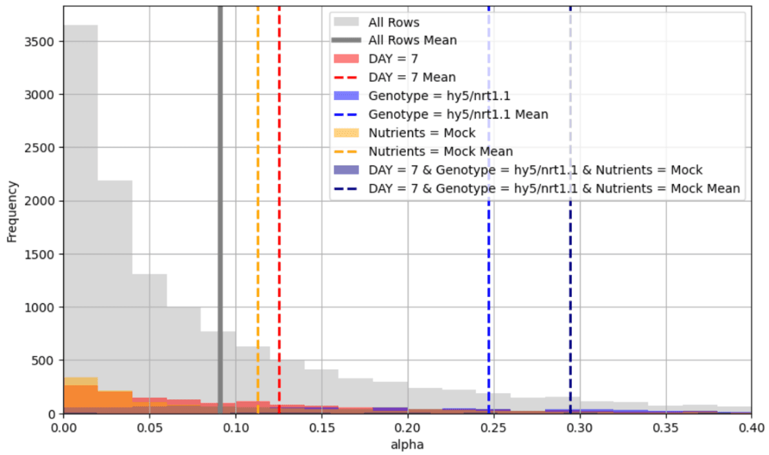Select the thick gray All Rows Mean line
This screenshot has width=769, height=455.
tap(220, 207)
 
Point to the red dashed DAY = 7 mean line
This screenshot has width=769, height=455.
tap(279, 207)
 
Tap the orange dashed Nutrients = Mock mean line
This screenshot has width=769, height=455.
tap(258, 207)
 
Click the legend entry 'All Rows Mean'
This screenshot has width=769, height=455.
tap(412, 41)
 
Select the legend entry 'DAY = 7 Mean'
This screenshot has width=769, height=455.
tap(412, 78)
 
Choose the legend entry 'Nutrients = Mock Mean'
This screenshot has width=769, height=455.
tap(440, 151)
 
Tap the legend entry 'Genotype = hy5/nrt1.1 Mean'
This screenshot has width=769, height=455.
tap(458, 114)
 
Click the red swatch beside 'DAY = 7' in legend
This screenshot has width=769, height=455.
tap(349, 59)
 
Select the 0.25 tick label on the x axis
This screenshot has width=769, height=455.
tap(493, 427)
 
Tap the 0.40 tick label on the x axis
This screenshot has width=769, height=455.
tap(751, 427)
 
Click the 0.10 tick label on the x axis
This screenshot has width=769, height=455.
tap(236, 427)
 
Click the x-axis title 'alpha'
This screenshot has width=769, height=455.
tap(407, 445)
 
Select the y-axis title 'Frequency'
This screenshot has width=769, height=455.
tap(12, 210)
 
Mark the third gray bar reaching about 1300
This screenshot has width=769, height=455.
tap(150, 331)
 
